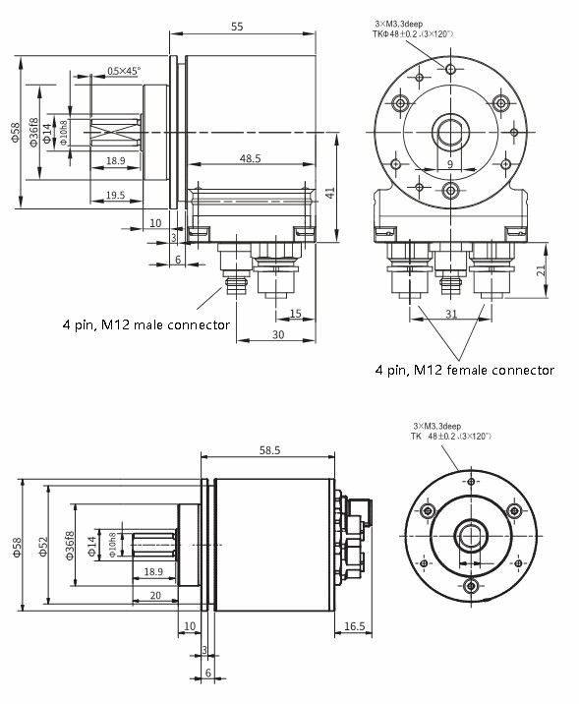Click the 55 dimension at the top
click(x=237, y=28)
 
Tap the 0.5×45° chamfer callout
click(x=124, y=71)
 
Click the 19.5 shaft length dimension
click(x=115, y=196)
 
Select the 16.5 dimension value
click(x=355, y=626)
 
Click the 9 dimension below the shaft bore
click(x=448, y=164)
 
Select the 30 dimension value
click(x=278, y=335)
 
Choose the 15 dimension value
click(x=295, y=314)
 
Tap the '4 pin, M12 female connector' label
click(x=464, y=371)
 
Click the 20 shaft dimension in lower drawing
click(x=155, y=595)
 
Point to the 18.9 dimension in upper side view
click(x=115, y=159)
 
